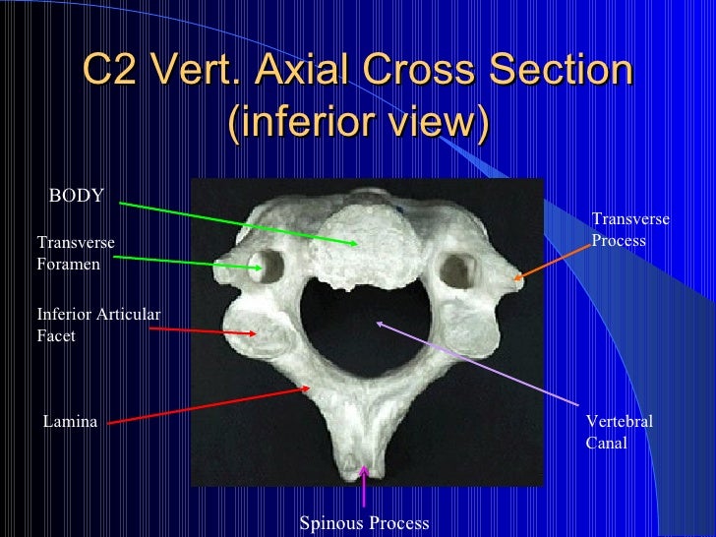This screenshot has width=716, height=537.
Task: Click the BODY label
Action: (x=76, y=197)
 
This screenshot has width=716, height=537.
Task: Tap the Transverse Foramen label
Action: (x=76, y=253)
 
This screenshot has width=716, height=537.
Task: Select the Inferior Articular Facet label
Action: (x=98, y=325)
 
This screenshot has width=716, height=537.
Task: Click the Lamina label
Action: (x=70, y=422)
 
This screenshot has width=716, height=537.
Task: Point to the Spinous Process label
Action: (x=364, y=523)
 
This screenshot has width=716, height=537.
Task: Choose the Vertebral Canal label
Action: (x=619, y=432)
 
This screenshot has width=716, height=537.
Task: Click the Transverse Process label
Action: (x=629, y=229)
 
